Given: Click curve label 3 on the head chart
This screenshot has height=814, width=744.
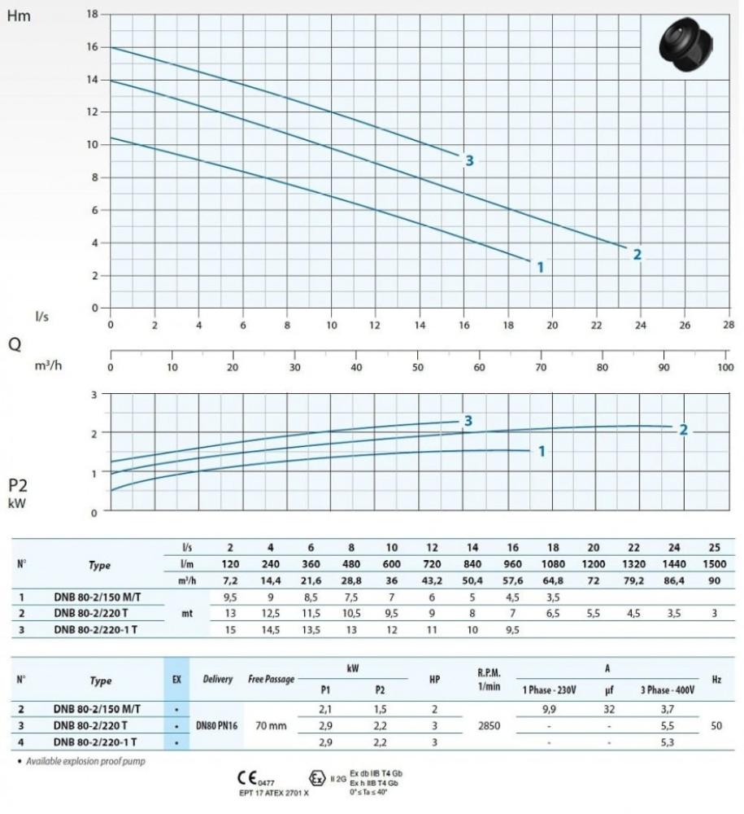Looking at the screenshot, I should (x=469, y=160).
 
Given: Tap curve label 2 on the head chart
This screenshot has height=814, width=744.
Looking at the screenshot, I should (x=637, y=255).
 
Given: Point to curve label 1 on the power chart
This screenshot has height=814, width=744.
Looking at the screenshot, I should (x=541, y=451).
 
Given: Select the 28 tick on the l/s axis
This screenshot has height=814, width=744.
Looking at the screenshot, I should (x=726, y=324).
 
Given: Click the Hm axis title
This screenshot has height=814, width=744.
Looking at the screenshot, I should (x=18, y=15).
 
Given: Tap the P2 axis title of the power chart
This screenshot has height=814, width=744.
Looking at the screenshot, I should (x=18, y=487).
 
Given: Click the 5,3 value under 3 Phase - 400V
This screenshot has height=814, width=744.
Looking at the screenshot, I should (x=667, y=742).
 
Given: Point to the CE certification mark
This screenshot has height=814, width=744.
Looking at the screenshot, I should (x=249, y=777).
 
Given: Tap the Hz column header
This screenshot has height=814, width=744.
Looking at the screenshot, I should (x=716, y=679).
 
